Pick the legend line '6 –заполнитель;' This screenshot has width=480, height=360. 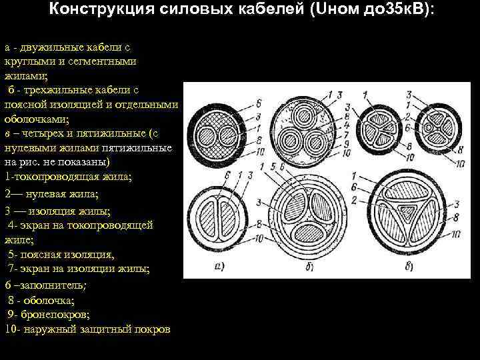[47, 285]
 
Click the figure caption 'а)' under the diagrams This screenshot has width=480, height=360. [219, 267]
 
